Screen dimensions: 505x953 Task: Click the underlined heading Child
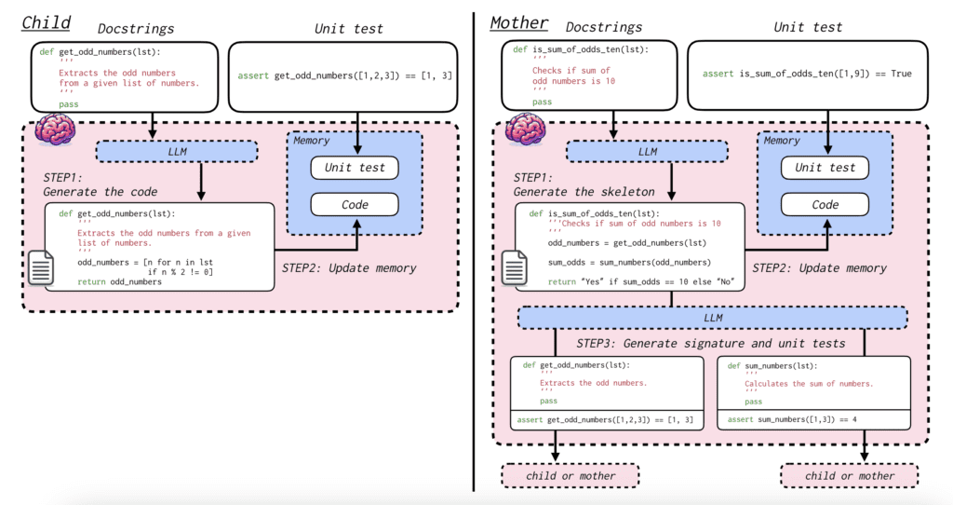[x=47, y=22]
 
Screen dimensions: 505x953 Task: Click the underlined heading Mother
[x=519, y=22]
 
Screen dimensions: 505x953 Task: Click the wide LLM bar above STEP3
[x=712, y=319]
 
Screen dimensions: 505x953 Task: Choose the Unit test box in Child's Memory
[x=353, y=168]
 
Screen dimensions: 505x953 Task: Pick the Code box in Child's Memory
[x=353, y=205]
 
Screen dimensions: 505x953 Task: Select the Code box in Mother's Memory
[x=825, y=205]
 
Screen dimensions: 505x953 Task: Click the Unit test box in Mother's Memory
[x=825, y=168]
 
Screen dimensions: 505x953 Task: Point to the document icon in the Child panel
[x=42, y=270]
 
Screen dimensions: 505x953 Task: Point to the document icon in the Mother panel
[x=514, y=270]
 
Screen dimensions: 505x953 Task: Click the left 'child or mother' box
[x=571, y=476]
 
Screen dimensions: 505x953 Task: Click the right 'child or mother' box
[x=849, y=476]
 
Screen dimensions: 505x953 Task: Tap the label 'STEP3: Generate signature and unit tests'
[x=710, y=344]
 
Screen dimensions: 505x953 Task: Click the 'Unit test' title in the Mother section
[x=814, y=28]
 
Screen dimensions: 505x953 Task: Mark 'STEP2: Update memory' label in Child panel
[x=349, y=268]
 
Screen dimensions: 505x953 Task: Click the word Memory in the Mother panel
[x=782, y=141]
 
